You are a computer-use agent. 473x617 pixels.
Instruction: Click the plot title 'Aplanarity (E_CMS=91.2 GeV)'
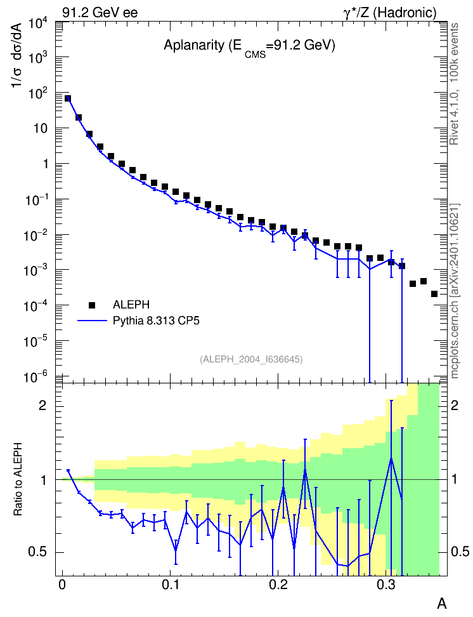249,47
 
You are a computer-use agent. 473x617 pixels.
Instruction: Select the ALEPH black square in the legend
92,305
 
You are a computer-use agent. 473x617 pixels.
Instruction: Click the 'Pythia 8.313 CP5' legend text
156,321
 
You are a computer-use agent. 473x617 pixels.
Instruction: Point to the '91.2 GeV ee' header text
100,13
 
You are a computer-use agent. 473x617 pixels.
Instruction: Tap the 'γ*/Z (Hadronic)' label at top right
390,13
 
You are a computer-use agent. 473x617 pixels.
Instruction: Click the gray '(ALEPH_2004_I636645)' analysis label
251,359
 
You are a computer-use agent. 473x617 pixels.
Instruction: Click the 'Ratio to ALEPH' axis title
18,479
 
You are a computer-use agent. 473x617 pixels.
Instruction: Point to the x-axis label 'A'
442,603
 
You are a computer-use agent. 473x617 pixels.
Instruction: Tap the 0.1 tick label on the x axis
171,585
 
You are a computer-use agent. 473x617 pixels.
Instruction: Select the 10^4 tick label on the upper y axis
38,24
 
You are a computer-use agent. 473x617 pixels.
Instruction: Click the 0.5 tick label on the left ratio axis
37,552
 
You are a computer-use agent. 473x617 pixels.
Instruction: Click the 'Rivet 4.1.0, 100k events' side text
454,84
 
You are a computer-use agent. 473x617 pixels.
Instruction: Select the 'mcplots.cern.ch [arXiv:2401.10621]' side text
455,291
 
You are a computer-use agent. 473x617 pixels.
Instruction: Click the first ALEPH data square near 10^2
68,98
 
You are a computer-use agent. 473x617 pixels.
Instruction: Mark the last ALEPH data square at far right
434,294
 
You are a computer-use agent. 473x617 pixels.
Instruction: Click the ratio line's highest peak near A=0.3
391,458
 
